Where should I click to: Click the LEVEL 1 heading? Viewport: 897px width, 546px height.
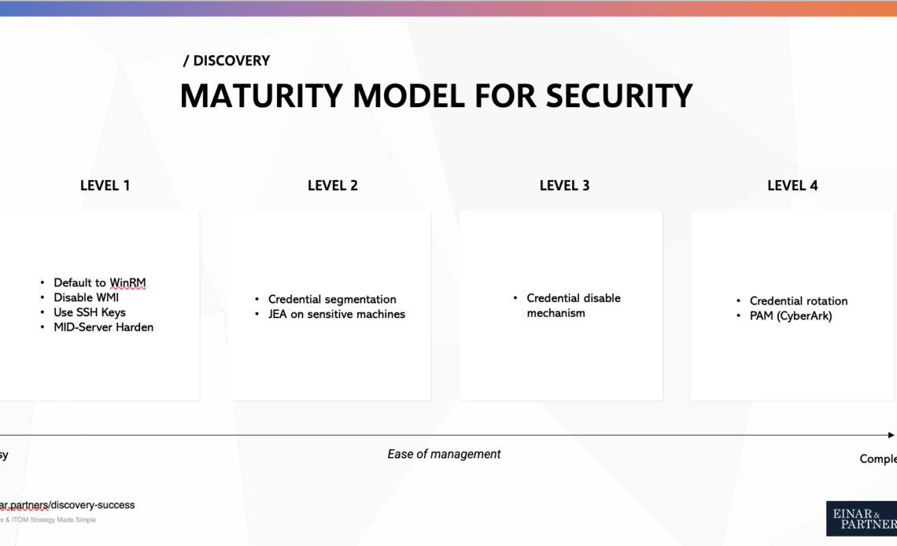coord(105,186)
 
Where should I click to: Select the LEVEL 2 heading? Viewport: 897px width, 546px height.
coord(332,186)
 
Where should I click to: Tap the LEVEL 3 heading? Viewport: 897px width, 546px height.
coord(564,186)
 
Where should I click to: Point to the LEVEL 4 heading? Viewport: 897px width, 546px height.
coord(792,186)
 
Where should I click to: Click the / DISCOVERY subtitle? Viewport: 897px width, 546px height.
coord(227,61)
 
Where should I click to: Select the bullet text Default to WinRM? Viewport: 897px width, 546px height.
coord(99,282)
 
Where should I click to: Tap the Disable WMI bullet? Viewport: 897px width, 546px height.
coord(86,297)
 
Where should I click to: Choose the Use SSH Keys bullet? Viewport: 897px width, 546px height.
coord(89,312)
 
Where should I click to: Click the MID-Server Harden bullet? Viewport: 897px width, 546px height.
coord(103,327)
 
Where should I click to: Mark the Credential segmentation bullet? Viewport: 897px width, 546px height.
coord(332,299)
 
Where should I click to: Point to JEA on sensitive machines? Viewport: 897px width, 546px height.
coord(336,314)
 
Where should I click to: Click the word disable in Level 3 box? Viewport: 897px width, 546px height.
coord(602,298)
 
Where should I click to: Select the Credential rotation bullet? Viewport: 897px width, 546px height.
coord(798,301)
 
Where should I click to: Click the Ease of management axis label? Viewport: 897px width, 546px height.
coord(444,454)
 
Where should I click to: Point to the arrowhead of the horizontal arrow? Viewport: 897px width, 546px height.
coord(891,435)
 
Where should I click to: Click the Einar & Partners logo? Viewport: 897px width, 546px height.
coord(861,518)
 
